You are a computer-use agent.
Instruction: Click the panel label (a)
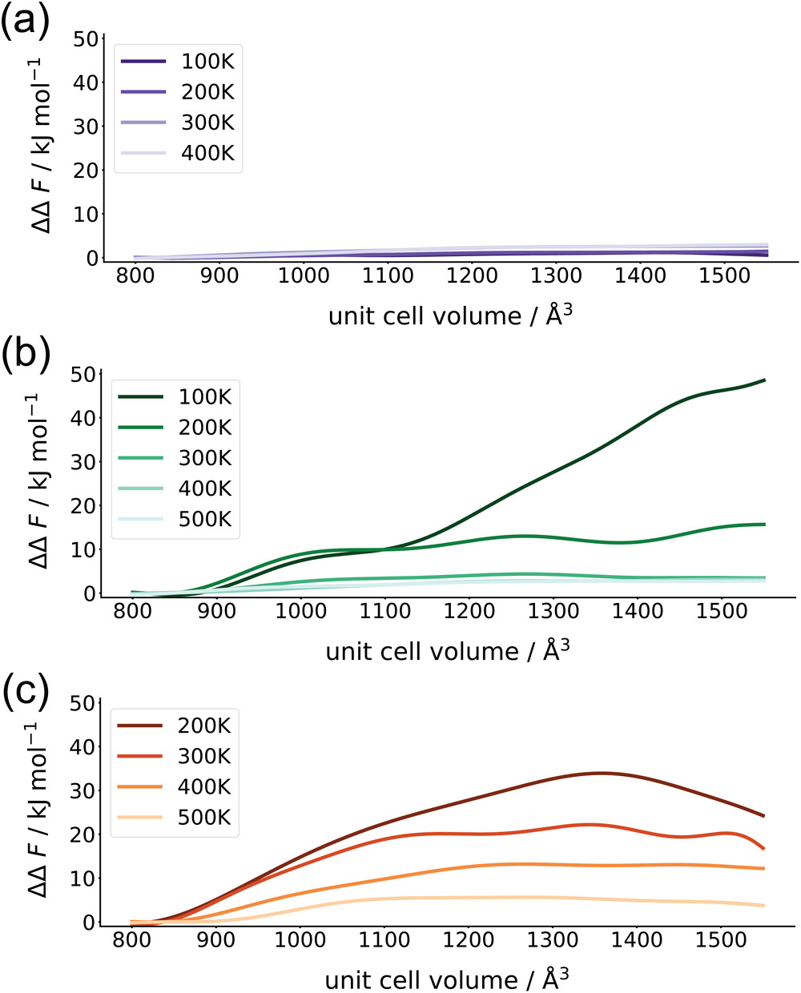[26, 24]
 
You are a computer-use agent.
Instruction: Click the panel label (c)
[26, 690]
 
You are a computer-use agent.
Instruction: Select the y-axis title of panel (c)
[44, 814]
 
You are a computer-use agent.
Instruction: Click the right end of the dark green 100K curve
[765, 380]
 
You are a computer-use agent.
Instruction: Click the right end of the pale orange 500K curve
[765, 906]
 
